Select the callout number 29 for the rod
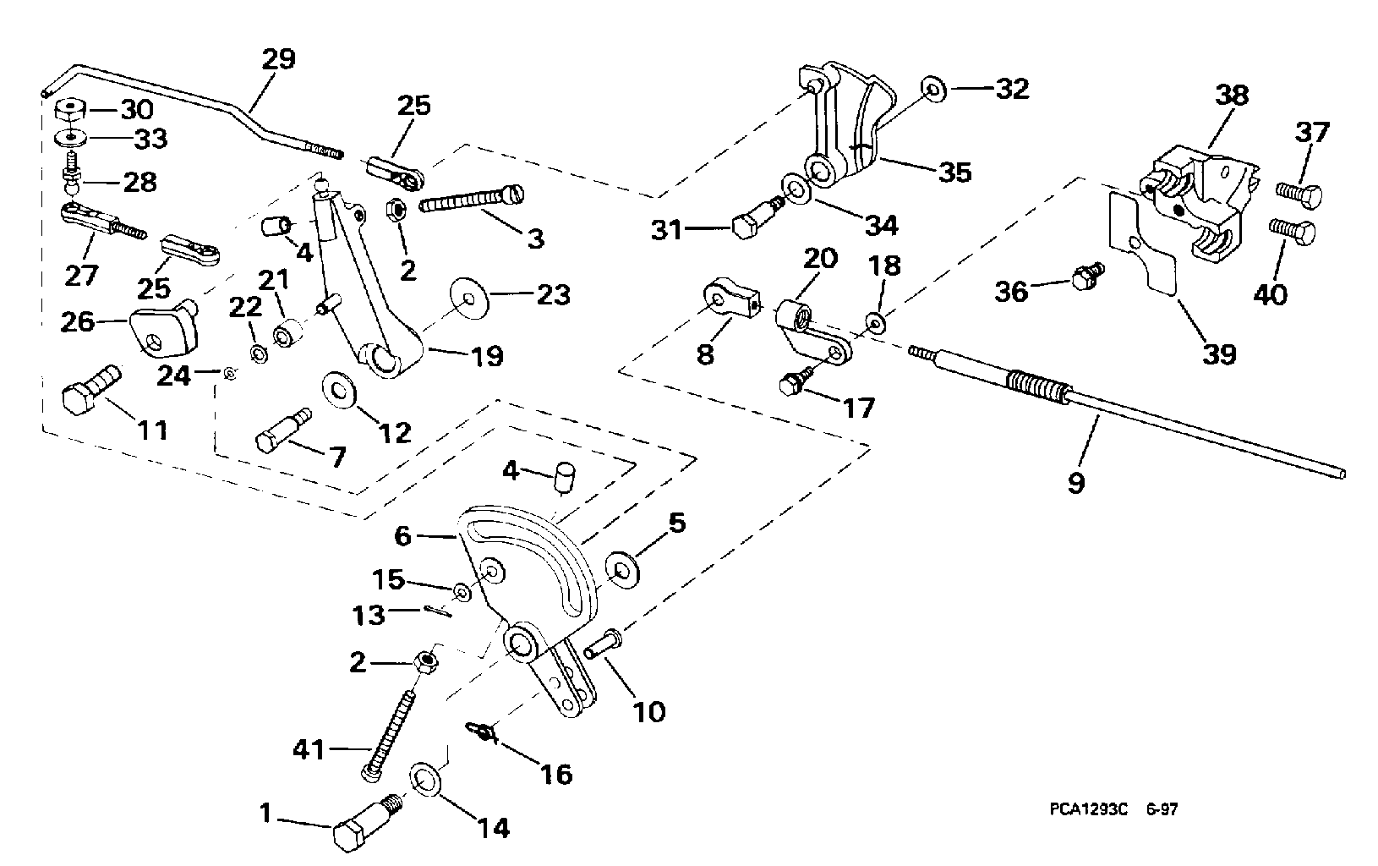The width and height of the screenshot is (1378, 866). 279,60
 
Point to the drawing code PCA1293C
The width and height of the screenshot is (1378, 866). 1083,809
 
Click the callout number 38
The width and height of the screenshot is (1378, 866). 1232,96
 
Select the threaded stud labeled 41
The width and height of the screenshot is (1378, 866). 391,732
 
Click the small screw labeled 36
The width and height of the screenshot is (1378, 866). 1082,277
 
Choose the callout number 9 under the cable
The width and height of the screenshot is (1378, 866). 1075,483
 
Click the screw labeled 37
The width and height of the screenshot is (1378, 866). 1294,194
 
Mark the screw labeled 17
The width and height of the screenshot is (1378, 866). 795,381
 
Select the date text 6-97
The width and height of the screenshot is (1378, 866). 1162,809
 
